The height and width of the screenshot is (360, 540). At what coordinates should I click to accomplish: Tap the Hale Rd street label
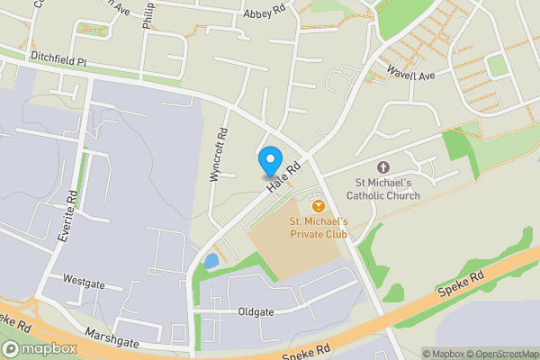282,177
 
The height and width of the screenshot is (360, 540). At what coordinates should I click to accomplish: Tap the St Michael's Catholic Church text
382,186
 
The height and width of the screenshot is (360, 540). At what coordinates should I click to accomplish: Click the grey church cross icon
382,167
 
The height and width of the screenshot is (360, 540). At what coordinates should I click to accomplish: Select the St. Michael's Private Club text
318,227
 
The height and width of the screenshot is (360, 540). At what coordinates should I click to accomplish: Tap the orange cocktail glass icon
318,206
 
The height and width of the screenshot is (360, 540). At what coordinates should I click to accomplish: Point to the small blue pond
211,262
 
